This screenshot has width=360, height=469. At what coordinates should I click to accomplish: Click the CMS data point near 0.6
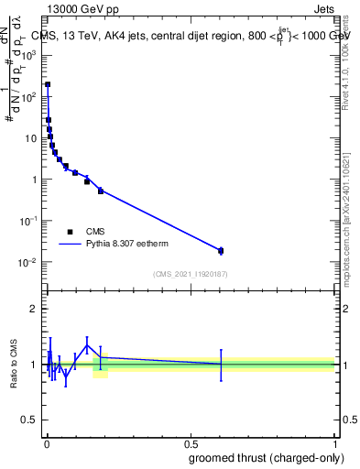coord(221,250)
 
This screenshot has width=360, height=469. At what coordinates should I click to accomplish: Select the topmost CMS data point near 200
coord(48,84)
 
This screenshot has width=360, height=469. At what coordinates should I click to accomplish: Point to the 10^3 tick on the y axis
coord(45,55)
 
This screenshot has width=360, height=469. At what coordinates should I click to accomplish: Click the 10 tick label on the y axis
coord(31,138)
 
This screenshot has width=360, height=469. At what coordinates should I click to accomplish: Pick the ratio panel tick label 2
coord(33,309)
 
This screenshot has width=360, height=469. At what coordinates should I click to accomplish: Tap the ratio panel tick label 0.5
coord(29,420)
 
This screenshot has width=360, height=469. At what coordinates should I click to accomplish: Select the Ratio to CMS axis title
coord(14,364)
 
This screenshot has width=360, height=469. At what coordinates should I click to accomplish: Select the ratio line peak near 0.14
coord(87,344)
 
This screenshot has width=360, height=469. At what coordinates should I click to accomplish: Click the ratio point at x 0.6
coord(221,364)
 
